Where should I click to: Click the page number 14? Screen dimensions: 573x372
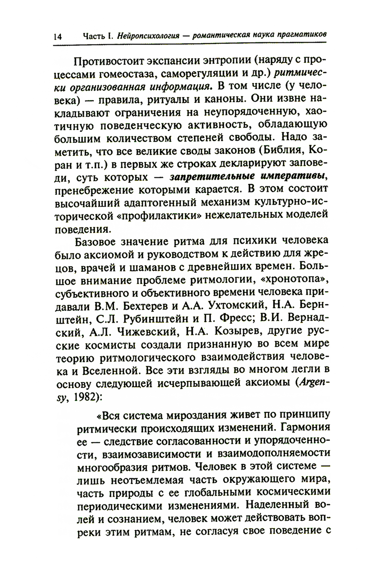(x=58, y=37)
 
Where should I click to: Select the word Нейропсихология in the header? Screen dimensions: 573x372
(x=148, y=36)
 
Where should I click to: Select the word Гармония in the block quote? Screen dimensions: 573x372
(x=302, y=426)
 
